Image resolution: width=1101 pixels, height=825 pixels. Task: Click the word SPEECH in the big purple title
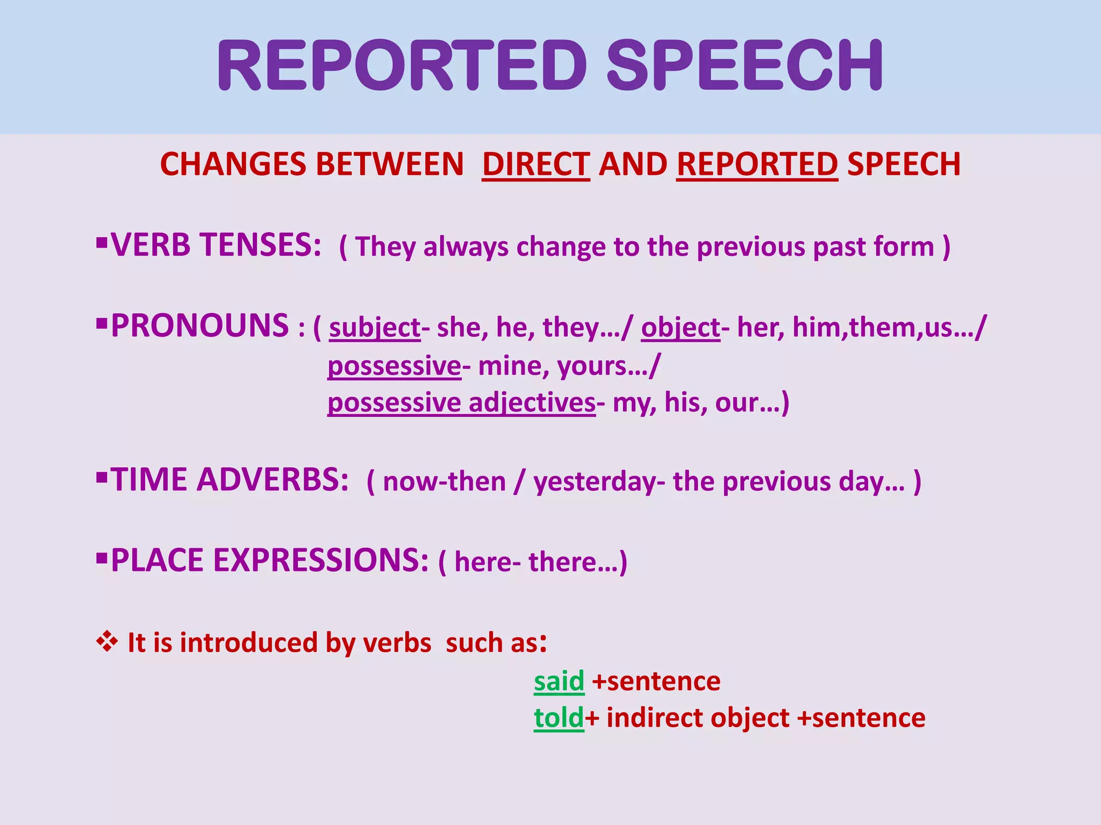745,66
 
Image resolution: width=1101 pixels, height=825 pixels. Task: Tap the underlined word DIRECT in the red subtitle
535,164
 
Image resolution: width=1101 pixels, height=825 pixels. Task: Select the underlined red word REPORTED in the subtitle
757,164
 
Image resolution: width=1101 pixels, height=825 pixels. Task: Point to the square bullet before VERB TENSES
102,243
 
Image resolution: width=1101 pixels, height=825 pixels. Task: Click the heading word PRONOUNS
200,326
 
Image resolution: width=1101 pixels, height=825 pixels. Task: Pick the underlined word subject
375,328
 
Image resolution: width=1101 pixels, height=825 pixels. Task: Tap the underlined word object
680,328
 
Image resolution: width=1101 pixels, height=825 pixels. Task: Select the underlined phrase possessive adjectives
461,403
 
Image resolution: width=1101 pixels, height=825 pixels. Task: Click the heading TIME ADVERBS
230,480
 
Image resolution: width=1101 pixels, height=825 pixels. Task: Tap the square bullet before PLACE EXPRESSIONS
102,558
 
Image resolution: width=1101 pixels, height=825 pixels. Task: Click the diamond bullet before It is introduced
107,641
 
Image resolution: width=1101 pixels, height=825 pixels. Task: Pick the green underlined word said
559,682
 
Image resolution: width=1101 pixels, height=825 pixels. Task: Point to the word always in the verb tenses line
466,247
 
